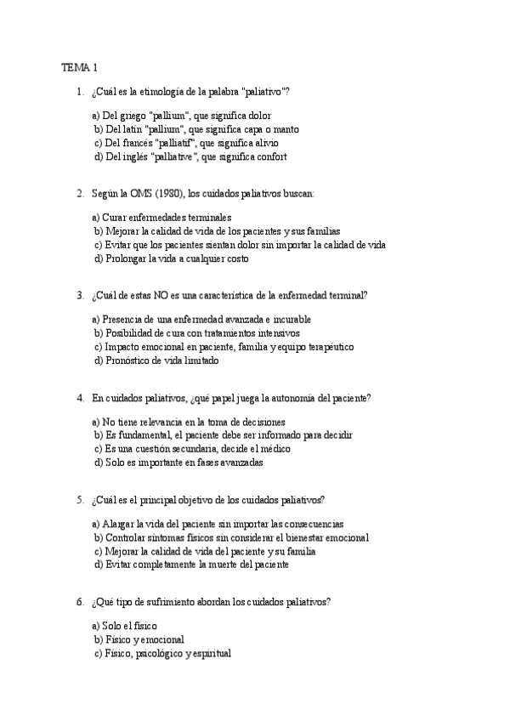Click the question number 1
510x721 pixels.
pos(79,91)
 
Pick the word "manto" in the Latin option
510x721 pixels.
pos(286,129)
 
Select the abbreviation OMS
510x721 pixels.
pos(127,193)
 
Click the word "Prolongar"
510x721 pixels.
pos(126,258)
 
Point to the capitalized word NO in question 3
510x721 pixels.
pos(160,295)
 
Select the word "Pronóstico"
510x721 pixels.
pos(128,360)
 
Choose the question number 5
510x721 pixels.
pos(79,499)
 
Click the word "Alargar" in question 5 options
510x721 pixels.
pos(121,524)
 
